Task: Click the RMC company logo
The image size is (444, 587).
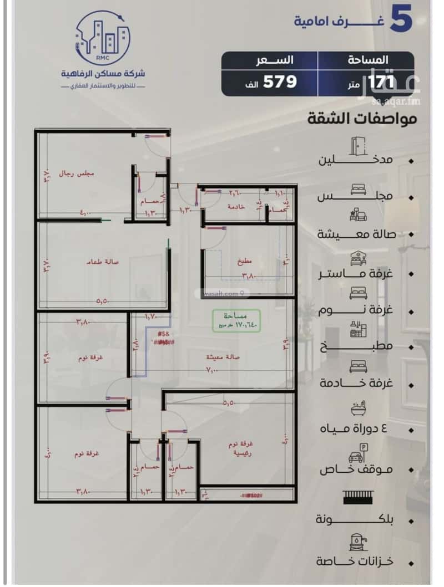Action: [x=103, y=38]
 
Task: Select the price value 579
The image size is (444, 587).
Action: [x=280, y=81]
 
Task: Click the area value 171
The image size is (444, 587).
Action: [x=380, y=82]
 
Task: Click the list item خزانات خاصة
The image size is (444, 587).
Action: [x=355, y=561]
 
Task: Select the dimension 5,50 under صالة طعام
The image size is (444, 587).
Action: [x=102, y=302]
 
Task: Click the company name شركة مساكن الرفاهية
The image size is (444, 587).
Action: [x=103, y=74]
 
